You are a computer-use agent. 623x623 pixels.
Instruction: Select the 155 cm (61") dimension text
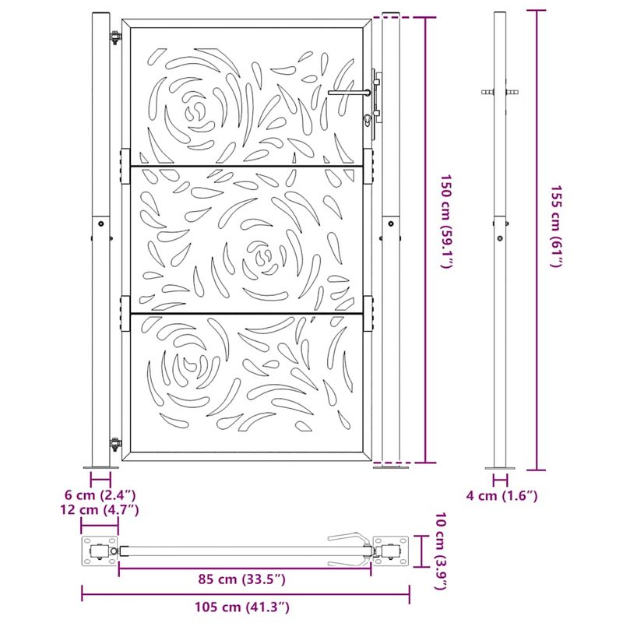[x=556, y=227]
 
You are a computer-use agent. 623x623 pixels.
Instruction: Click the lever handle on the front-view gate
[x=350, y=93]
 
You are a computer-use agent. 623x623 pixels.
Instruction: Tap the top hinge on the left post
[x=116, y=37]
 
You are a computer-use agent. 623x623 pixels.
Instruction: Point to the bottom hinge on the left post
[x=116, y=445]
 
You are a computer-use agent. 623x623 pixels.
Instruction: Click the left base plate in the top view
[x=100, y=552]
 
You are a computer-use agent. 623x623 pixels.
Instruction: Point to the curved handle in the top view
[x=347, y=539]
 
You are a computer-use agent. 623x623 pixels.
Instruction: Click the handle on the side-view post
[x=501, y=93]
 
